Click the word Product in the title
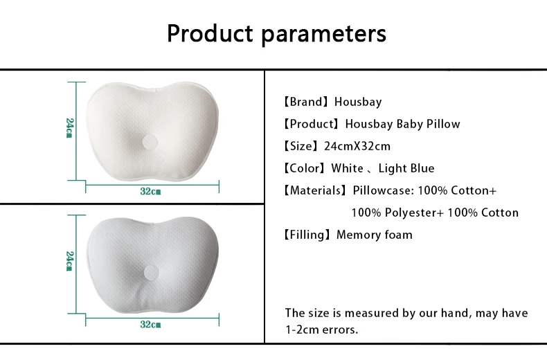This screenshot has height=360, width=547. (210, 33)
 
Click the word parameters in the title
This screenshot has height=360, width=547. (324, 35)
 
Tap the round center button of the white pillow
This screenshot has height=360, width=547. (150, 142)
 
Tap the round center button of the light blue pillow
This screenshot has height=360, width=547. (151, 273)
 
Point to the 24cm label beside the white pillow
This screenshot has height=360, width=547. (70, 128)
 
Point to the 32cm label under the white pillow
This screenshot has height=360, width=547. (150, 191)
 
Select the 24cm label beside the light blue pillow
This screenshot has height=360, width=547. (70, 261)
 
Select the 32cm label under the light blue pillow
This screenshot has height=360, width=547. (150, 325)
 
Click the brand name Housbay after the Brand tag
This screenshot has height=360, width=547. (358, 102)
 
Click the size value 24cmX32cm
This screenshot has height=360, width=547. (357, 146)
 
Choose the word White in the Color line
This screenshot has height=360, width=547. (347, 168)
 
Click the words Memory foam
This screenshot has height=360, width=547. (375, 235)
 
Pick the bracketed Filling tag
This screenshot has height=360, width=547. (307, 235)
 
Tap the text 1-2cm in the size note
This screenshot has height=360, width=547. (302, 330)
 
